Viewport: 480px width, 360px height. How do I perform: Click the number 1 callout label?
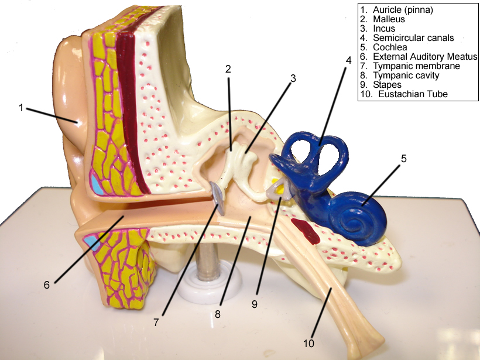[21, 108]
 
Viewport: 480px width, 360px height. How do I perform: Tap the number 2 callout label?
[228, 68]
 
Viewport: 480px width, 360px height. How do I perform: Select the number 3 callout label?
[293, 77]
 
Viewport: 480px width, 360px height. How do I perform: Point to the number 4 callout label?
[348, 60]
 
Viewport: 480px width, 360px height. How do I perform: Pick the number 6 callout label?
[47, 285]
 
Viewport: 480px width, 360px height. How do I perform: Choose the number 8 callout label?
[217, 313]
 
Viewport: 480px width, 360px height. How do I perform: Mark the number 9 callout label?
[254, 304]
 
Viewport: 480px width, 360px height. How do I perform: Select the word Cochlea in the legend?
[389, 47]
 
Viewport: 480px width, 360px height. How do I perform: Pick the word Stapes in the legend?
[387, 85]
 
